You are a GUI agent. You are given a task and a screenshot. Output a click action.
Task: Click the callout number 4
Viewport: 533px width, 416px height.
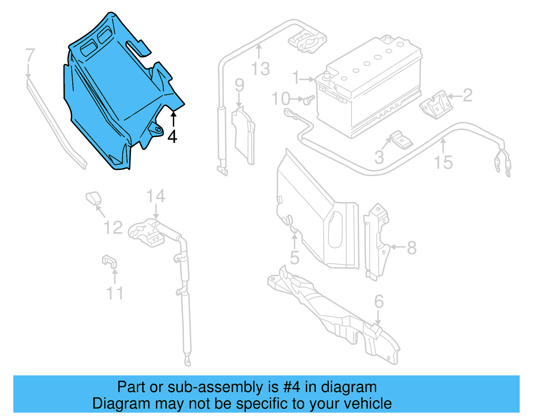[172, 137]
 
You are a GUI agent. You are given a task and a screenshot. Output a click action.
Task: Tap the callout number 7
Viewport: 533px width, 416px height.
[30, 55]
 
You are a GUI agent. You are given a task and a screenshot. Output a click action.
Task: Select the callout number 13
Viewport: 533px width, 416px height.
[260, 69]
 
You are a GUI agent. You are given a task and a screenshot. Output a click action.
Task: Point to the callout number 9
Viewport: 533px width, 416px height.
[239, 85]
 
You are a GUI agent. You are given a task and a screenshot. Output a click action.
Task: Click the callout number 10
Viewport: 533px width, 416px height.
[281, 99]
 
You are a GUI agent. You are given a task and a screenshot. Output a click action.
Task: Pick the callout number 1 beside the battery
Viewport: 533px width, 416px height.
[296, 78]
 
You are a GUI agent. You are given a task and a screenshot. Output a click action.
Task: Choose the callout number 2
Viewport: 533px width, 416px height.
[467, 95]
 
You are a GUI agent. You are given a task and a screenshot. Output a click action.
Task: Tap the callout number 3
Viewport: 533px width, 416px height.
[379, 157]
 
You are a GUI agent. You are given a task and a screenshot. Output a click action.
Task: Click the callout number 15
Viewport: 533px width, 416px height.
[443, 163]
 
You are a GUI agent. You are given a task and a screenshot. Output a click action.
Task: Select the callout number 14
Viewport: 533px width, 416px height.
[156, 196]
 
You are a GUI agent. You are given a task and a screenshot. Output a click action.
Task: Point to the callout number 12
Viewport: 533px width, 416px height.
[113, 227]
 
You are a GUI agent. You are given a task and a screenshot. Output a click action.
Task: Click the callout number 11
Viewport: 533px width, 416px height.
[115, 293]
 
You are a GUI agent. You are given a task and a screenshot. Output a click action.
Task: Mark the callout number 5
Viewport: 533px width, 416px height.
[294, 258]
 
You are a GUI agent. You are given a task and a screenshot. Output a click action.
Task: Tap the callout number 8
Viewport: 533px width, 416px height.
[412, 247]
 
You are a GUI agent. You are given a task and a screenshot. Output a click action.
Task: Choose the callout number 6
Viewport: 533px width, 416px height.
[379, 301]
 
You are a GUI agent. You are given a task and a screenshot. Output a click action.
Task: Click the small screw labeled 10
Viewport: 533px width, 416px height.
[309, 100]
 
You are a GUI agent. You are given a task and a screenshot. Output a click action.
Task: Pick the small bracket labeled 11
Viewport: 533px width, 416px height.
[109, 261]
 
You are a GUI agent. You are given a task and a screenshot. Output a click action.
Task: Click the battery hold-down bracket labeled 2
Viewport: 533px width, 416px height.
[436, 104]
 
